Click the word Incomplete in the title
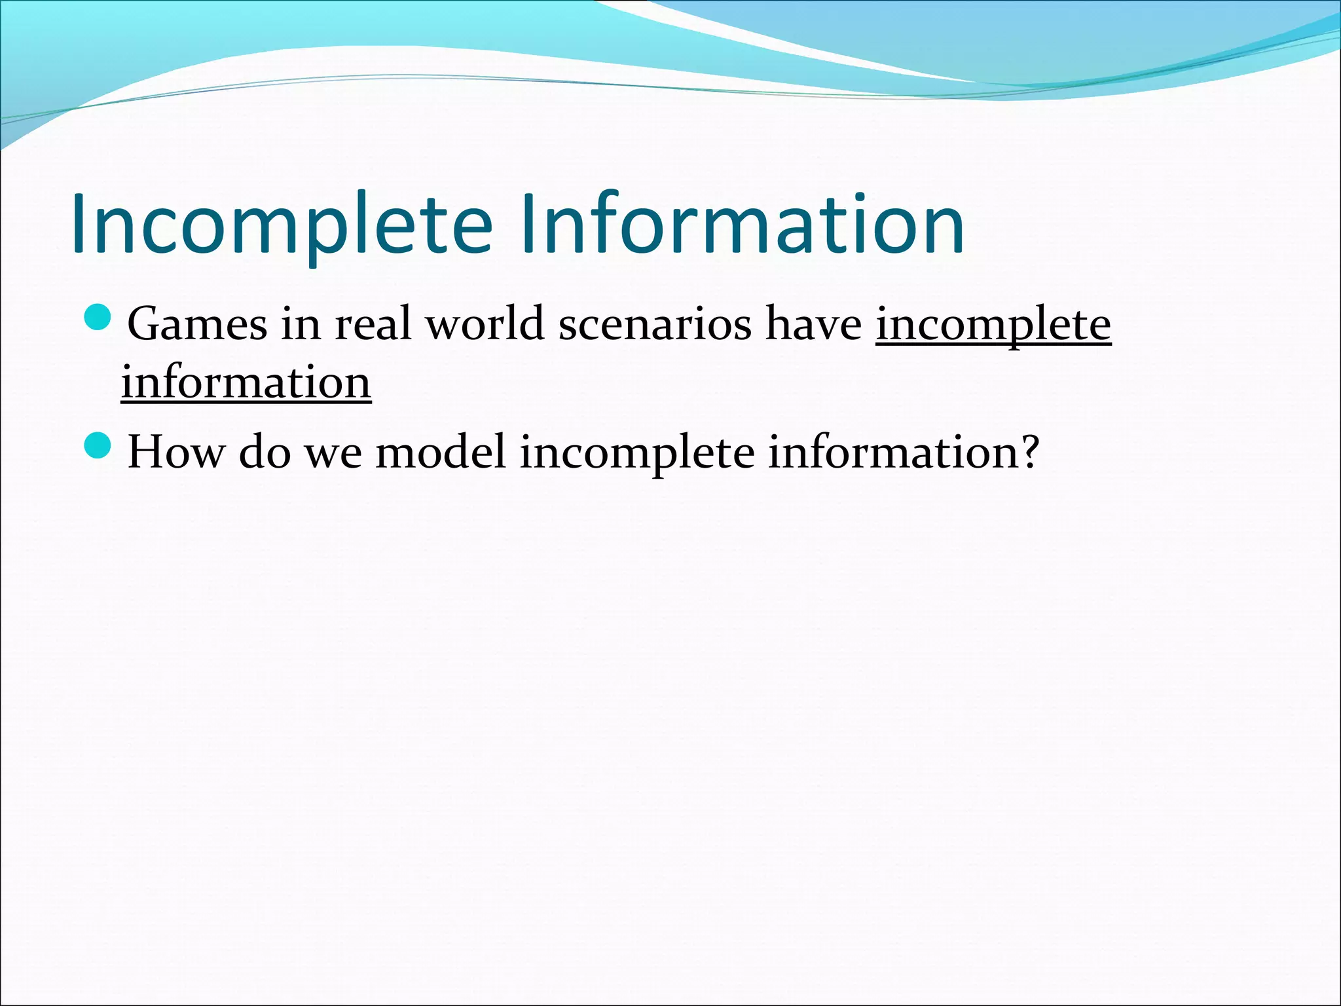click(x=282, y=225)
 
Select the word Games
click(x=197, y=324)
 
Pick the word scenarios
click(x=655, y=324)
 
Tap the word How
click(x=175, y=452)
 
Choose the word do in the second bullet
click(x=265, y=452)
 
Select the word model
click(x=441, y=452)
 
